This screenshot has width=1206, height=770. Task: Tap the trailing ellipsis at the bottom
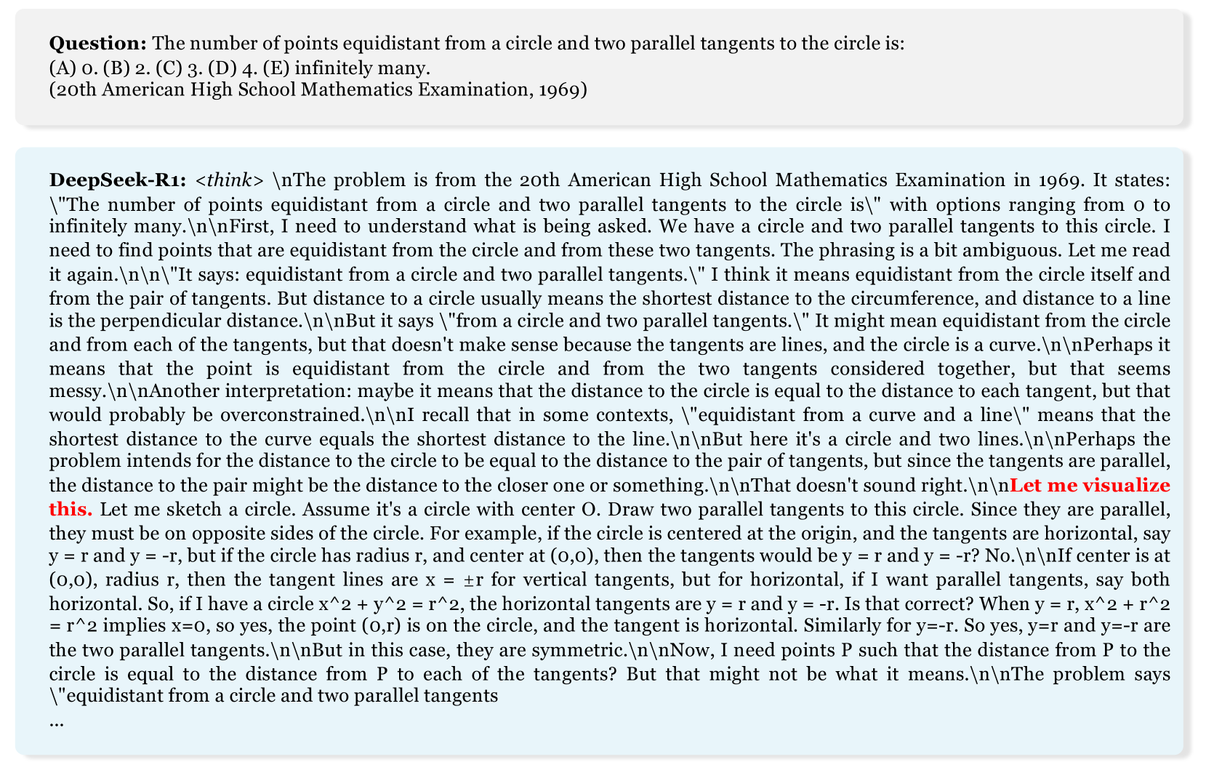(57, 722)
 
